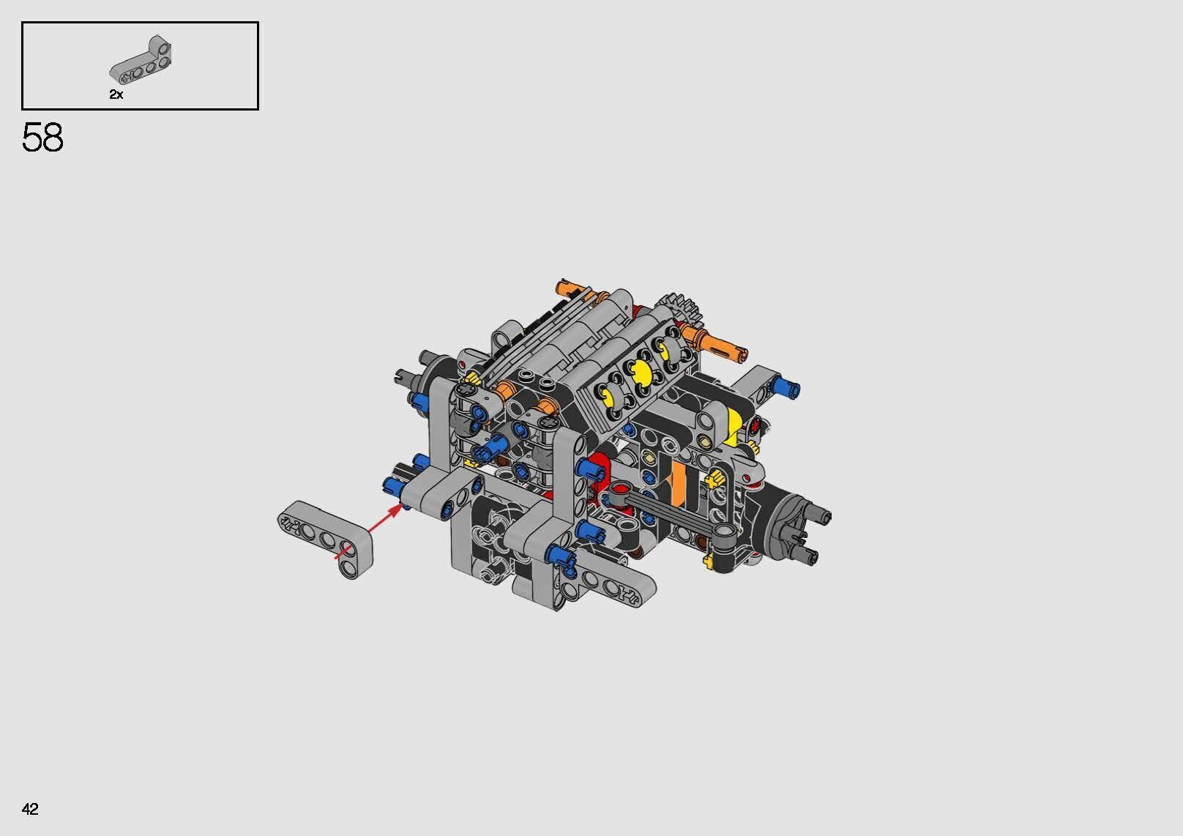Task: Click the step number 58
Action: pos(42,138)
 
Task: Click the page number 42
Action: pos(30,809)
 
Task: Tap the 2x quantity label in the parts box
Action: pos(116,94)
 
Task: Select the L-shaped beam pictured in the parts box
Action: pos(143,60)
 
